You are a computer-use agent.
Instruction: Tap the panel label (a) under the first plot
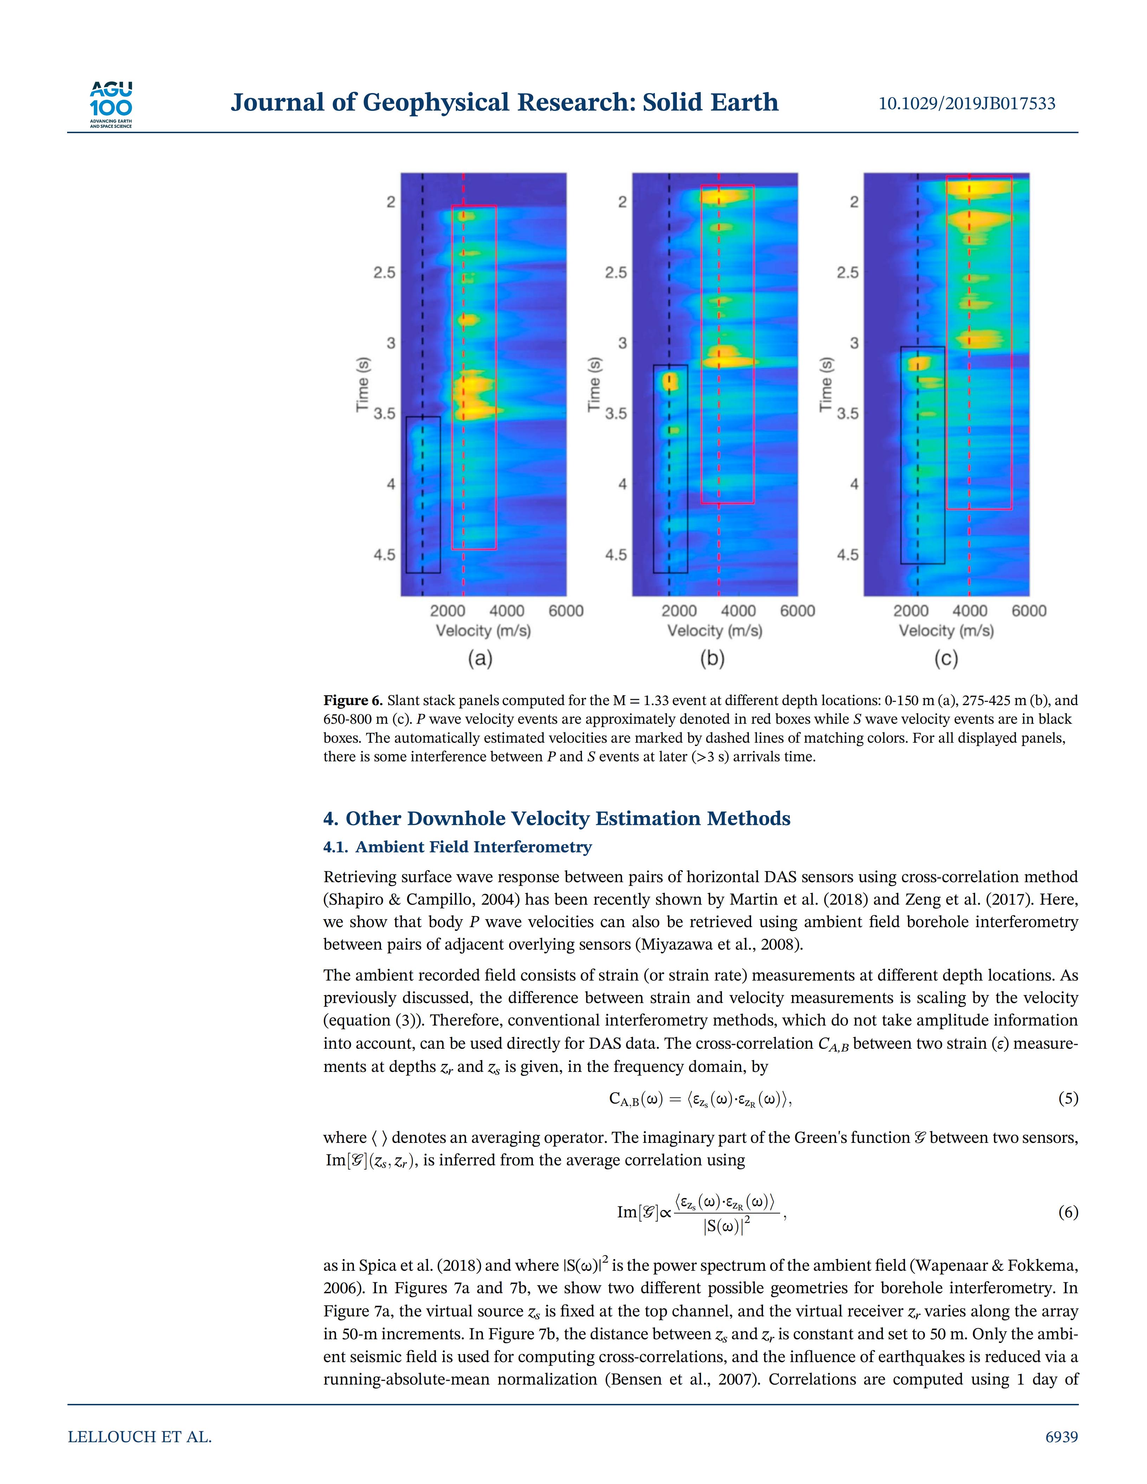pyautogui.click(x=480, y=658)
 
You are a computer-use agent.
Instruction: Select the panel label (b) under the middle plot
pyautogui.click(x=712, y=658)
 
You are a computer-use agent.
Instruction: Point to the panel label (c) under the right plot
pyautogui.click(x=946, y=658)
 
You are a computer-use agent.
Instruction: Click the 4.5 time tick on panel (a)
pyautogui.click(x=384, y=555)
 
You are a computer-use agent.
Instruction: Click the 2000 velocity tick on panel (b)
pyautogui.click(x=679, y=611)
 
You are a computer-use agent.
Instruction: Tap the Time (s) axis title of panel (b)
pyautogui.click(x=594, y=384)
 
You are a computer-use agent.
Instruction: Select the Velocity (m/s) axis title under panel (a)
pyautogui.click(x=483, y=631)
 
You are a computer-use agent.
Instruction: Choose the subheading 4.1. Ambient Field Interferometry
pyautogui.click(x=457, y=847)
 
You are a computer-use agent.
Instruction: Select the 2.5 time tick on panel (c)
pyautogui.click(x=847, y=273)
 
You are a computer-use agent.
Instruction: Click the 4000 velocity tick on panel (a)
pyautogui.click(x=507, y=611)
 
